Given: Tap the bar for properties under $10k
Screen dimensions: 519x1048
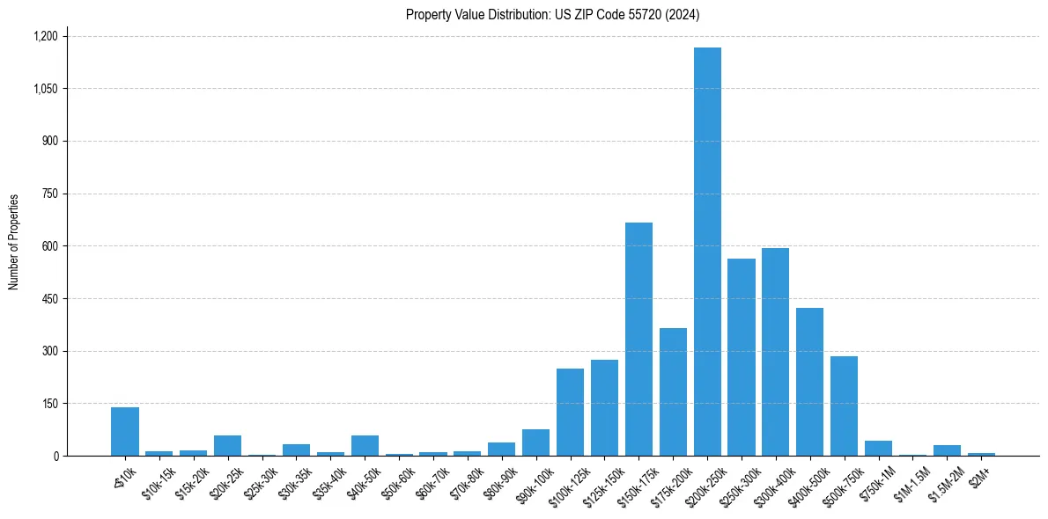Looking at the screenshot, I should click(x=125, y=432).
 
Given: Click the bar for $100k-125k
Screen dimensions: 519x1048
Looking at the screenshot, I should click(x=570, y=413).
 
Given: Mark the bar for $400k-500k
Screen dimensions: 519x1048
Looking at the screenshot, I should click(x=809, y=382).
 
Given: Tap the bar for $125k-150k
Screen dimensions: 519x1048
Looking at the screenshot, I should click(x=604, y=408).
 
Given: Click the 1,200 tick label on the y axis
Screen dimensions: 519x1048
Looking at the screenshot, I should click(x=45, y=36).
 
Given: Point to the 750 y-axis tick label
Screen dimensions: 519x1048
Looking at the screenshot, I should click(x=49, y=194).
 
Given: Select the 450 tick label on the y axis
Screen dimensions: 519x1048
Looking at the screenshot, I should click(x=49, y=299).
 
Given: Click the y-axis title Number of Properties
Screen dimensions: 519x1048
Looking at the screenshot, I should click(x=14, y=242).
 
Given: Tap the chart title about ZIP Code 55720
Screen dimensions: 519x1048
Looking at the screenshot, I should click(x=553, y=14).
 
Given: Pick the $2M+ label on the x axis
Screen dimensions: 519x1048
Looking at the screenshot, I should click(x=979, y=476).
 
